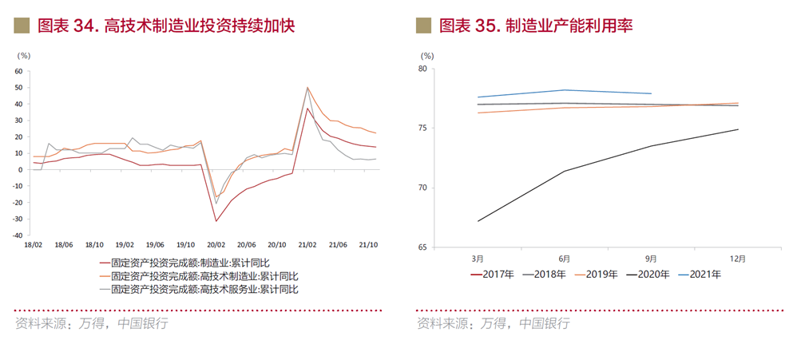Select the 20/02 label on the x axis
tap(216, 245)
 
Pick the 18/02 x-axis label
tap(34, 245)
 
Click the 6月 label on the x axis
tap(564, 259)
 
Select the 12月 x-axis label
tap(738, 259)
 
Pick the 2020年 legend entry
tap(653, 275)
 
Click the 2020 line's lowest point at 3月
tap(478, 221)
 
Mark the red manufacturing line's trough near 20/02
tap(216, 221)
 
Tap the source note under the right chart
tap(494, 323)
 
